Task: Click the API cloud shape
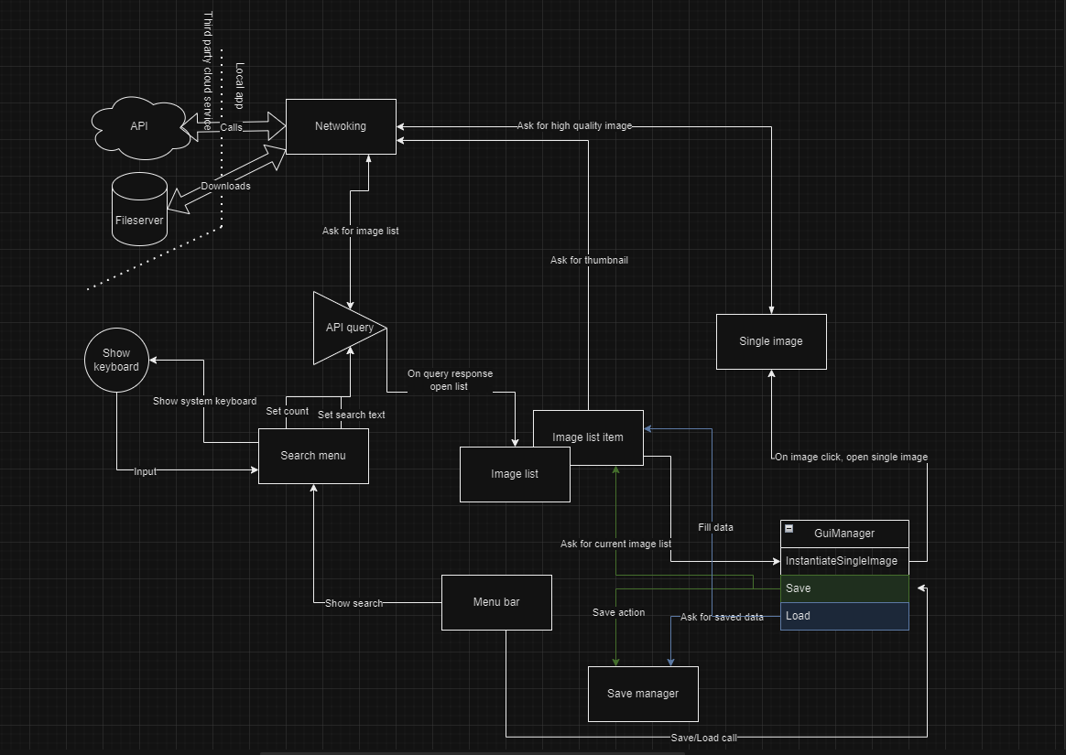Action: pos(139,126)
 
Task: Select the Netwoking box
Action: pos(341,126)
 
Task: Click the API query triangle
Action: pos(343,328)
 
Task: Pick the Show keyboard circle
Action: pos(116,360)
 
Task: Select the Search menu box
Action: pos(313,456)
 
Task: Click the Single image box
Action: pos(771,341)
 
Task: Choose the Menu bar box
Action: pos(496,602)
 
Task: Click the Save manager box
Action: pos(643,694)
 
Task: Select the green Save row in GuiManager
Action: pos(844,588)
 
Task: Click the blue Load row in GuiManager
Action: pos(844,616)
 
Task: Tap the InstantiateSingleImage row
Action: pos(844,561)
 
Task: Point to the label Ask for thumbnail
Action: pos(589,260)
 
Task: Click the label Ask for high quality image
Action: pos(574,125)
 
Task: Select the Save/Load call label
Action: pos(703,737)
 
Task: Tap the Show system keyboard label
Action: pos(204,401)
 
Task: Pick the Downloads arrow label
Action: pos(226,186)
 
